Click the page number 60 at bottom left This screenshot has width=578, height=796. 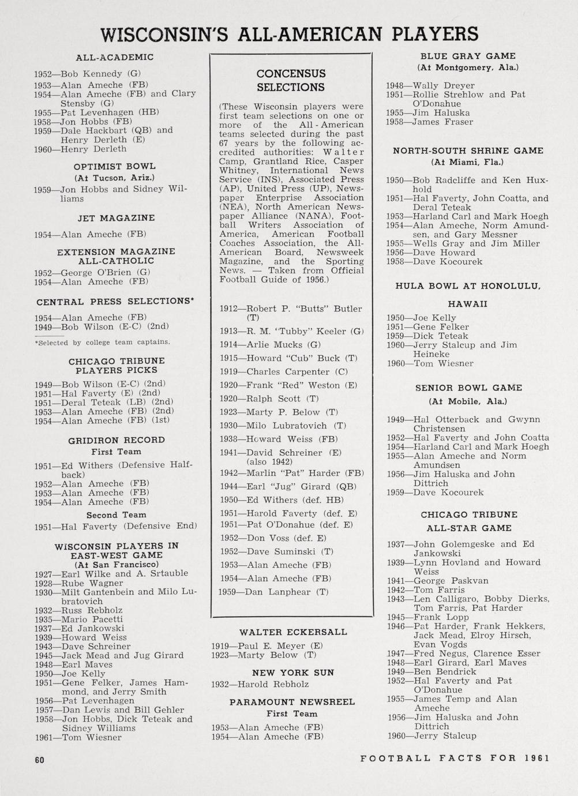[40, 760]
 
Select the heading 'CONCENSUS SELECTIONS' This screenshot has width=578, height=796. [291, 81]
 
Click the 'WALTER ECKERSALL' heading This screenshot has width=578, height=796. [293, 632]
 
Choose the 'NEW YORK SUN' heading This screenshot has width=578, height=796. [293, 673]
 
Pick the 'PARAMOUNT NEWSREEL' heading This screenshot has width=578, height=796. [292, 702]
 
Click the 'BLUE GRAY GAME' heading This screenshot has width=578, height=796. [468, 57]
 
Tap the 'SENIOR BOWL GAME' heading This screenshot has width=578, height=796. [468, 388]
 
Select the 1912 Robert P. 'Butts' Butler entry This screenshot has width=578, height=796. [291, 313]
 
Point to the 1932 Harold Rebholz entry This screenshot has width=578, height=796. [260, 685]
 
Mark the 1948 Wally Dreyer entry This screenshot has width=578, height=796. [430, 85]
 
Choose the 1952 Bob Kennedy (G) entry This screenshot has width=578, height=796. [88, 74]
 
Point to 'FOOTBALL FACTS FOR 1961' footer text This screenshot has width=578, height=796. [455, 758]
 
